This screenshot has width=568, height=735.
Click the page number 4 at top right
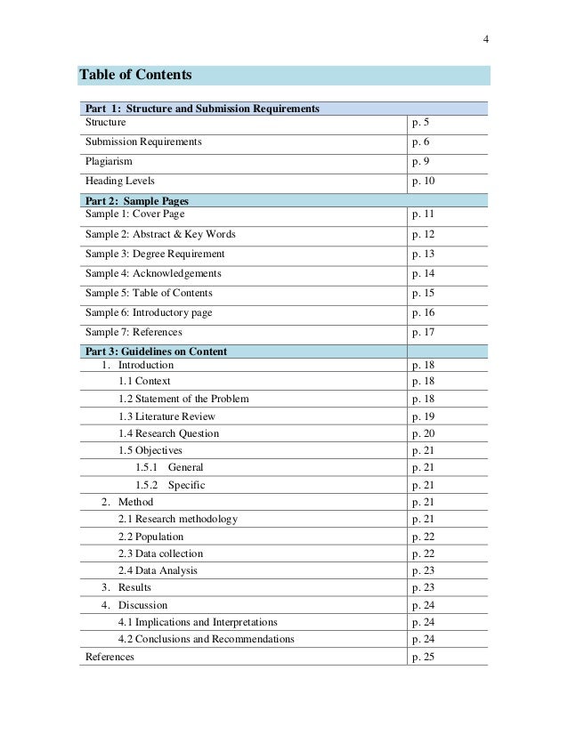tap(486, 38)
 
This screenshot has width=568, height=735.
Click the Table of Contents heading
tap(136, 75)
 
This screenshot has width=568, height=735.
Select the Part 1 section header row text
tap(202, 109)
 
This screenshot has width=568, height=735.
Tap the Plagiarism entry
tap(109, 161)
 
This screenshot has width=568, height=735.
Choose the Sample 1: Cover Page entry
tap(135, 214)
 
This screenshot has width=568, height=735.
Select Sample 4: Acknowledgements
tap(153, 273)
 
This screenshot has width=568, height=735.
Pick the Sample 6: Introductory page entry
tap(149, 312)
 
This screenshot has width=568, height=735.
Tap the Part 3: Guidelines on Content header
tap(156, 351)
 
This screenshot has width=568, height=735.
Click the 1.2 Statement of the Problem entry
tap(183, 398)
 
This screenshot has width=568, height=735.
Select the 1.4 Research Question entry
tap(168, 433)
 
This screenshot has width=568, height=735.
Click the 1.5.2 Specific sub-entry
tap(170, 485)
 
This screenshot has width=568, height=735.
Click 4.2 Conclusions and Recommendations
tap(207, 639)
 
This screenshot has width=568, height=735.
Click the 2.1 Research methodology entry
tap(178, 519)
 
